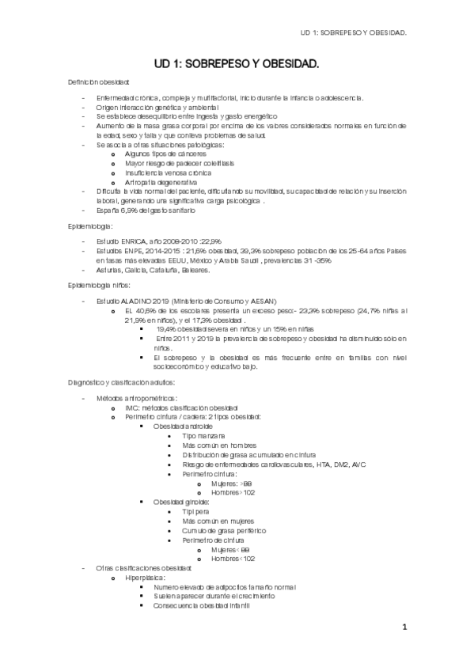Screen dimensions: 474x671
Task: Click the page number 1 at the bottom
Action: point(404,628)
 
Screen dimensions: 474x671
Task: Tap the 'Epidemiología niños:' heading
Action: point(101,284)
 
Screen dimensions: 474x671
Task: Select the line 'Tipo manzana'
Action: point(203,436)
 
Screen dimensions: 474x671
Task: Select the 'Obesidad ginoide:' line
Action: point(182,502)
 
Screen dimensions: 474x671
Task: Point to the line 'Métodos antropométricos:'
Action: point(137,398)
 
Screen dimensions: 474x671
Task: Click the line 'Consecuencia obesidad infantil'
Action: point(202,605)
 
